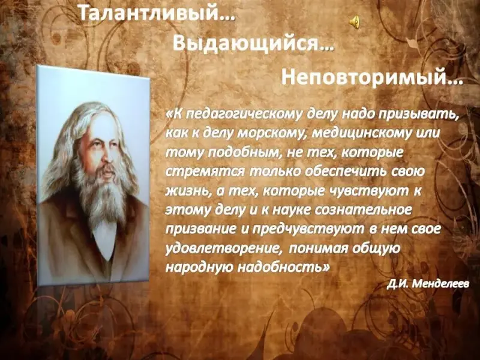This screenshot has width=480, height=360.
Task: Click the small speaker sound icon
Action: (x=355, y=23)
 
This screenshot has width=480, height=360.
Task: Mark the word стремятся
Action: (x=205, y=172)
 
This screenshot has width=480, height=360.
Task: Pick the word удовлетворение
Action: (x=223, y=249)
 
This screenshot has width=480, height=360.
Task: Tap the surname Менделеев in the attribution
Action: (x=440, y=284)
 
